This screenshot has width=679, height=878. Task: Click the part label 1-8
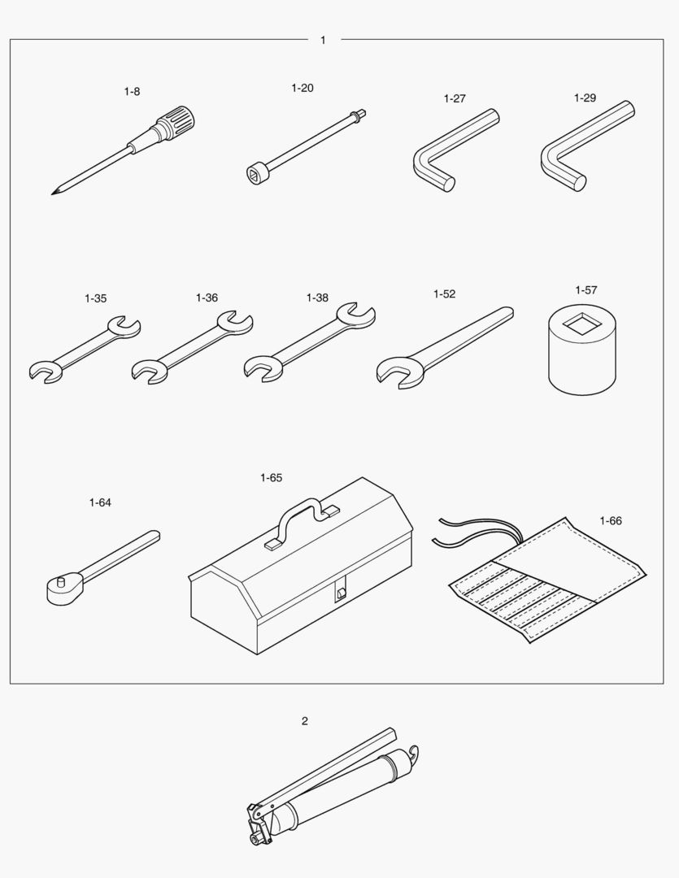point(133,91)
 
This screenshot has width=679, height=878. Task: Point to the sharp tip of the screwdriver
point(53,193)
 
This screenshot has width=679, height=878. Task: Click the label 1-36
point(207,298)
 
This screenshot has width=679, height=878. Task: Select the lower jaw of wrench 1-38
point(262,368)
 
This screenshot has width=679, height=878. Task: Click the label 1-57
point(586,290)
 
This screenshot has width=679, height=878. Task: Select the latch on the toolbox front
point(340,591)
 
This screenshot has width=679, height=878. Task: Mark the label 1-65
point(271,478)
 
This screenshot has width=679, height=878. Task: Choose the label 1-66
point(611,521)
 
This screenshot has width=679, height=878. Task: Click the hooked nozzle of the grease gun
point(413,754)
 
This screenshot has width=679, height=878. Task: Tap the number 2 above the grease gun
point(305,721)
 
